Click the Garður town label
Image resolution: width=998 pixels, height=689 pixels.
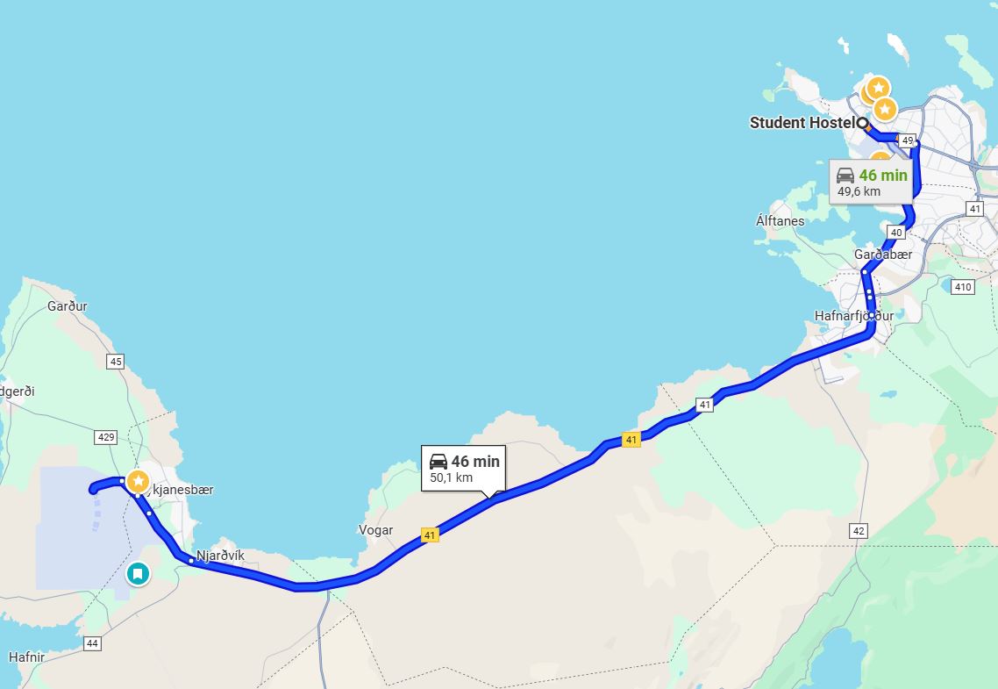pyautogui.click(x=68, y=306)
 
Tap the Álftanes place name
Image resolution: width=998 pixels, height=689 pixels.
pyautogui.click(x=780, y=221)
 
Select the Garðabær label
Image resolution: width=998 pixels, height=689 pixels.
pyautogui.click(x=883, y=255)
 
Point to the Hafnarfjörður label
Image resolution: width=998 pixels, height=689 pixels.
pyautogui.click(x=854, y=316)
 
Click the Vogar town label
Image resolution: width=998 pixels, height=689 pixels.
pyautogui.click(x=375, y=530)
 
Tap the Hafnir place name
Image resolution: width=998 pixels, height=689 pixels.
pyautogui.click(x=26, y=657)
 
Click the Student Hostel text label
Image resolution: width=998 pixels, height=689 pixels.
pyautogui.click(x=802, y=123)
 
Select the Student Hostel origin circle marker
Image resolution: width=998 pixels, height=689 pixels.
pyautogui.click(x=863, y=124)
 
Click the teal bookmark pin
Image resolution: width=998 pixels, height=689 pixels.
pyautogui.click(x=138, y=574)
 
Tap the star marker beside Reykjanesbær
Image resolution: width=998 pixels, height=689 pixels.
pyautogui.click(x=138, y=481)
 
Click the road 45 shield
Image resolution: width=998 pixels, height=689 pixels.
pyautogui.click(x=115, y=361)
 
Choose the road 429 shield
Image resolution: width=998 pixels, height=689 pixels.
pyautogui.click(x=105, y=436)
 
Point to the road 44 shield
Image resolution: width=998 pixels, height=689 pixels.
pyautogui.click(x=93, y=643)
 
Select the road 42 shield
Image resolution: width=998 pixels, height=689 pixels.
pyautogui.click(x=858, y=531)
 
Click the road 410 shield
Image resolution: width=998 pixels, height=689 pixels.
pyautogui.click(x=963, y=287)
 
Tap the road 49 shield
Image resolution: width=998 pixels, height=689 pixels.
pyautogui.click(x=908, y=140)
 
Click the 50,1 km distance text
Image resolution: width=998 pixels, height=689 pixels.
pyautogui.click(x=451, y=478)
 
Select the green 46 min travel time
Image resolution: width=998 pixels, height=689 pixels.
pyautogui.click(x=883, y=176)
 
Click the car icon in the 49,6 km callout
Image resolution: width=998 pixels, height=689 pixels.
pyautogui.click(x=845, y=176)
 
